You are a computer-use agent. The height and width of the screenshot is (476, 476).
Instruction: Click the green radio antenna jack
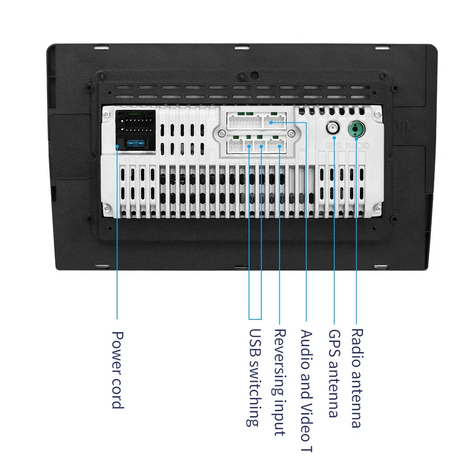point(356,129)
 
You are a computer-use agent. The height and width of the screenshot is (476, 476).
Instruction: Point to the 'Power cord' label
point(117,370)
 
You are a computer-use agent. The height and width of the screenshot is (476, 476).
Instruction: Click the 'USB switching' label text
point(255,377)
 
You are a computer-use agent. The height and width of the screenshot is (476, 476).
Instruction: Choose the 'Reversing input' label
point(280,382)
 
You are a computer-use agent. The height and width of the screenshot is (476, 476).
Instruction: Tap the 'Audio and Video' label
point(307,390)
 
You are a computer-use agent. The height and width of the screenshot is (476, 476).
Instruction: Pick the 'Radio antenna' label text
point(356,378)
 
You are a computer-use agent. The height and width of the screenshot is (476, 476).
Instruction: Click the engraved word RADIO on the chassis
point(357,145)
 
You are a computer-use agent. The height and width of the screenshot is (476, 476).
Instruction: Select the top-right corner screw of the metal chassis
point(377,114)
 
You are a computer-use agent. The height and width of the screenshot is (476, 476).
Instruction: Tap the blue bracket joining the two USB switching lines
point(255,318)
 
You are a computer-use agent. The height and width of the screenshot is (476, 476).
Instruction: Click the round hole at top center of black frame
point(255,75)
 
